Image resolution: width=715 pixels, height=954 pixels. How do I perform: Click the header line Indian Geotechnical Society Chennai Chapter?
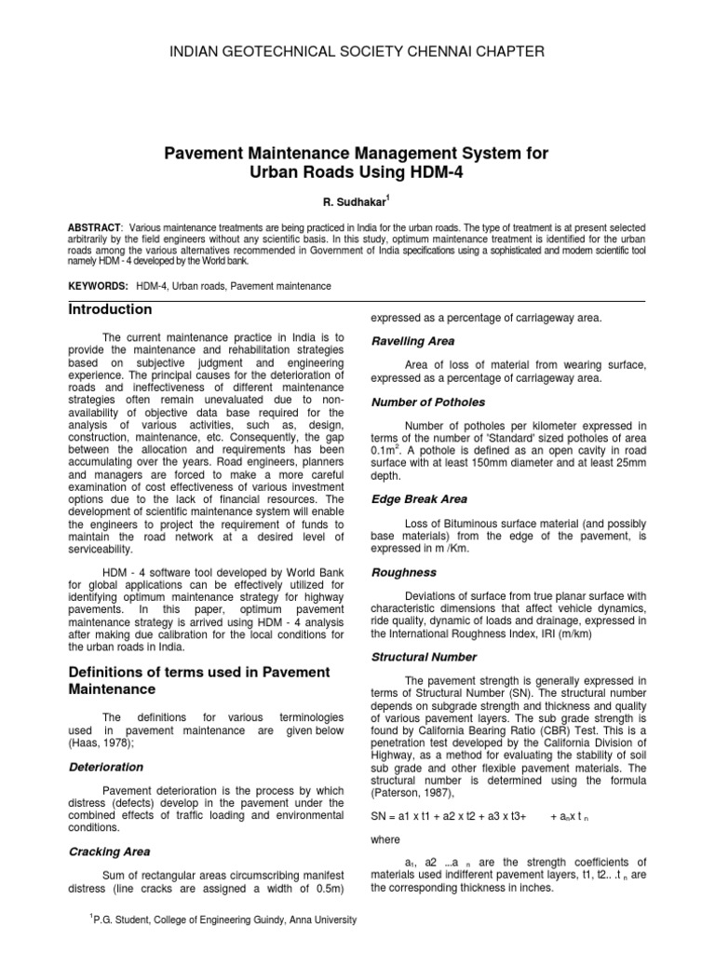coord(357,50)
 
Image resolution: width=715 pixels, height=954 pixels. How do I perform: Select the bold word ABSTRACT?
coord(94,227)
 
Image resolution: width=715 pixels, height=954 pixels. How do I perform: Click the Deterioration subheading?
coord(107,767)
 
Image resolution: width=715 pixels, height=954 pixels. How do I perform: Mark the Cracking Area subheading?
coord(110,851)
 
